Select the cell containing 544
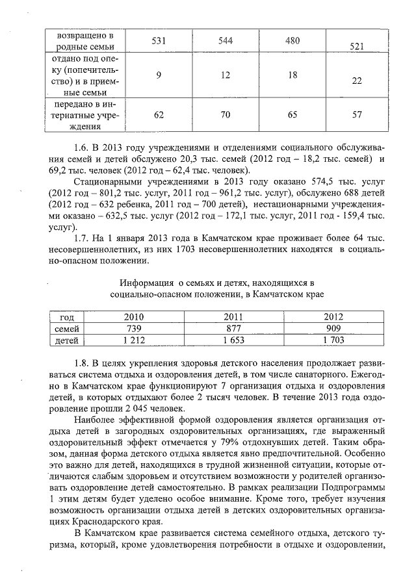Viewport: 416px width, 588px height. click(226, 40)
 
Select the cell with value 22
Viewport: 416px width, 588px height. click(356, 81)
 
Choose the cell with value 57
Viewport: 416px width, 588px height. click(356, 115)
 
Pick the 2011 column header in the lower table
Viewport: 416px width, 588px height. click(233, 317)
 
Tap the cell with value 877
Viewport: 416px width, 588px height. click(233, 328)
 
